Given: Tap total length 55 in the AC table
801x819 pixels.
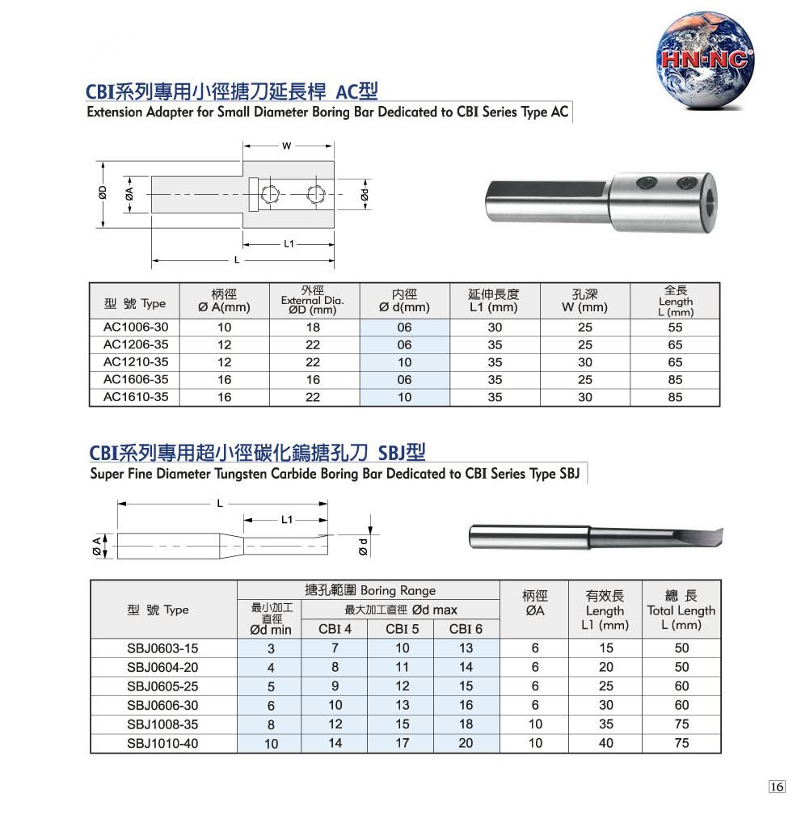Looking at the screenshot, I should pyautogui.click(x=675, y=327).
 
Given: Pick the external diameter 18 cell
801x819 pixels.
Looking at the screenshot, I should pyautogui.click(x=313, y=327).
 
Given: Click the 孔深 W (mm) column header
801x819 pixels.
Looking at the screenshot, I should pyautogui.click(x=584, y=301).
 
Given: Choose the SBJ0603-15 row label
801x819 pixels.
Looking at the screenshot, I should pyautogui.click(x=162, y=648).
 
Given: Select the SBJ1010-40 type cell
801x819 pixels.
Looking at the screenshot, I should pyautogui.click(x=162, y=743).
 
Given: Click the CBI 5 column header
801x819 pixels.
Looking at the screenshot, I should pyautogui.click(x=402, y=629).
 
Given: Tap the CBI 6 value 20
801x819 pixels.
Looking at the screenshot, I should pyautogui.click(x=466, y=743).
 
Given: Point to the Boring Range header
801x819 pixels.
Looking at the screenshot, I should pyautogui.click(x=369, y=591).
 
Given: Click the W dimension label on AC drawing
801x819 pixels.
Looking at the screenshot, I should pyautogui.click(x=287, y=146).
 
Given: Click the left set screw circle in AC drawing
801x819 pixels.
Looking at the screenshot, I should pyautogui.click(x=270, y=194).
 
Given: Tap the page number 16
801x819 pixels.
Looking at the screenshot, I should pyautogui.click(x=777, y=787).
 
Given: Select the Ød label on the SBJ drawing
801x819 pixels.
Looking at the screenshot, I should pyautogui.click(x=364, y=547).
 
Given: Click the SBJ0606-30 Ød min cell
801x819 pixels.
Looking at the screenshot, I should pyautogui.click(x=271, y=706).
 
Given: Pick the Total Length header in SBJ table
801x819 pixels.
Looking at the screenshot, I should pyautogui.click(x=681, y=610).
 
